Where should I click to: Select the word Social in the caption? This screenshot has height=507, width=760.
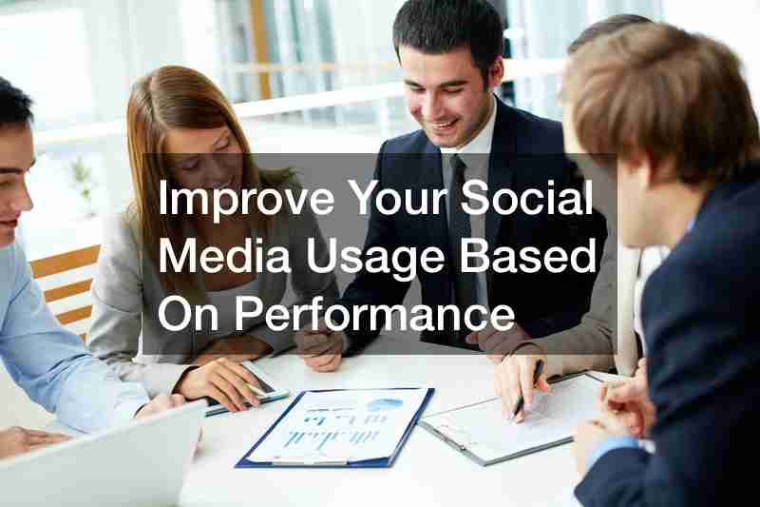(x=527, y=197)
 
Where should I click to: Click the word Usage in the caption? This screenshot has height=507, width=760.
(x=375, y=260)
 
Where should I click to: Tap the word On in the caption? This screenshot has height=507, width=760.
(x=188, y=315)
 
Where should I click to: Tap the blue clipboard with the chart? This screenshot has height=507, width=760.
(x=335, y=426)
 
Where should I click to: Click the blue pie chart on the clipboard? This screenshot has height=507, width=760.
(x=387, y=404)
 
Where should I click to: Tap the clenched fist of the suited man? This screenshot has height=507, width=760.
(x=320, y=346)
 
